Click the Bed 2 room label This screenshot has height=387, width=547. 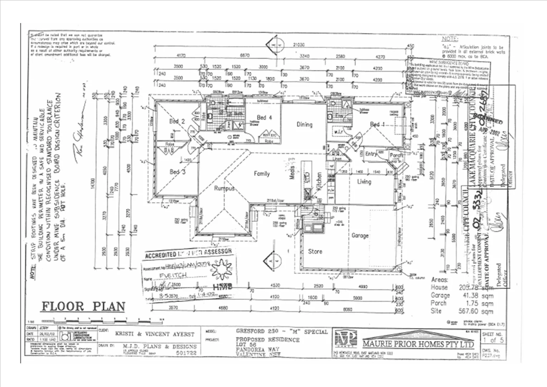pos(177,121)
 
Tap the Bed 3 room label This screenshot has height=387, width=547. pos(177,172)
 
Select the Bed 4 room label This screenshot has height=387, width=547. pos(264,118)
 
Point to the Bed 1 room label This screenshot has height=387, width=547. pos(377,125)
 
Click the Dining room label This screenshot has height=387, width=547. pos(304,125)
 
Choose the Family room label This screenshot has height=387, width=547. pos(262,174)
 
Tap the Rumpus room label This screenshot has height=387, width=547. pos(224,188)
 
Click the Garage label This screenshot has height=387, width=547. pos(360,236)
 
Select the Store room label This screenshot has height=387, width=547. pos(315,252)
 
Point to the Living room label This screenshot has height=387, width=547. pos(364,182)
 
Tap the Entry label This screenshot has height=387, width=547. pos(371,154)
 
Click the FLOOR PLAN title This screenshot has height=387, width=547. pos(84,307)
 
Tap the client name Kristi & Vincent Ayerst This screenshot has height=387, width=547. pos(155,334)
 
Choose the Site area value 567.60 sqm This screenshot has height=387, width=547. pos(476,311)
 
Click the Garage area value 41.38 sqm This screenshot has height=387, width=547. pos(476,296)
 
